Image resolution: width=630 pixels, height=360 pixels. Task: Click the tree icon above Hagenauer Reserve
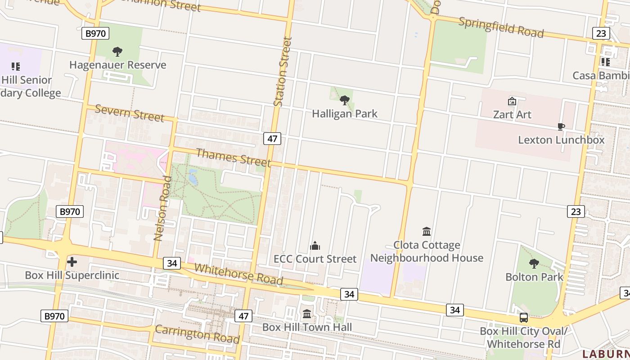coord(117,52)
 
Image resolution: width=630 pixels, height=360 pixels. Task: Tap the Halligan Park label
coord(345,113)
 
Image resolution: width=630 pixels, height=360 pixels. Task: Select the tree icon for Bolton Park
coord(534,263)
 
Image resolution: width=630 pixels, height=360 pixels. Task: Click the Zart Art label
coord(512,114)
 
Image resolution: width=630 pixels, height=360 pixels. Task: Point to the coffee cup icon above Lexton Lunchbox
coord(561,126)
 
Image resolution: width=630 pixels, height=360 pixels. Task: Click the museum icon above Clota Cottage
coord(427,232)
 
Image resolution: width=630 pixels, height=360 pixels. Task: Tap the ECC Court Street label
coord(315,259)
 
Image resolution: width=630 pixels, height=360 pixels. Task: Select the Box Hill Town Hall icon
coord(307,314)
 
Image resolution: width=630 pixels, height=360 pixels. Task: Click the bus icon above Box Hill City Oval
coord(524,318)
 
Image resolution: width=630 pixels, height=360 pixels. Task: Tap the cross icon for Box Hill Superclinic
coord(72,261)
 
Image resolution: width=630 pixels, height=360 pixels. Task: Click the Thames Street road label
coord(234,157)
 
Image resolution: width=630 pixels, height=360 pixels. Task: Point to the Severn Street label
coord(130,113)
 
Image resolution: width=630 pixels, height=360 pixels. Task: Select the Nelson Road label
coord(163,208)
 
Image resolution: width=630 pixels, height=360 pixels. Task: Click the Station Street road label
coord(282,72)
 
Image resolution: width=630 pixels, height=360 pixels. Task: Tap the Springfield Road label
coord(501,27)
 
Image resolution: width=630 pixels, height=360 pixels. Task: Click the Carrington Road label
coord(197,333)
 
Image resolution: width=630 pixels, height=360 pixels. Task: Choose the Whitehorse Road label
coord(238,274)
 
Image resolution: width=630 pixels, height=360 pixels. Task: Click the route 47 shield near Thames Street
coord(272,139)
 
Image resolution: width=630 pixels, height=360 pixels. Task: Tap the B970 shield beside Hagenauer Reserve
coord(95,33)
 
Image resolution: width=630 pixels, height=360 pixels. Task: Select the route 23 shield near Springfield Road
coord(601,33)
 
